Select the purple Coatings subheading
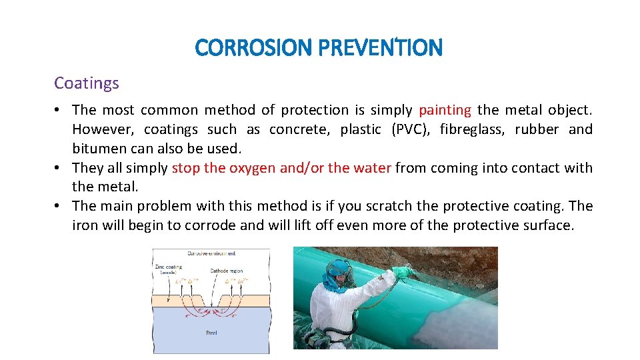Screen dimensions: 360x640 click(87, 83)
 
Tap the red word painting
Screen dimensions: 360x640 click(445, 110)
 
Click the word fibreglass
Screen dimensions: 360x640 click(473, 129)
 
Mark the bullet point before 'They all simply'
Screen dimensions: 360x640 click(59, 168)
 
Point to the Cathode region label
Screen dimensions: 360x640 click(227, 271)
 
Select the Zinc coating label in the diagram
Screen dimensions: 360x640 click(169, 268)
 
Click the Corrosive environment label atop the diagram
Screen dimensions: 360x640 click(211, 253)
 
